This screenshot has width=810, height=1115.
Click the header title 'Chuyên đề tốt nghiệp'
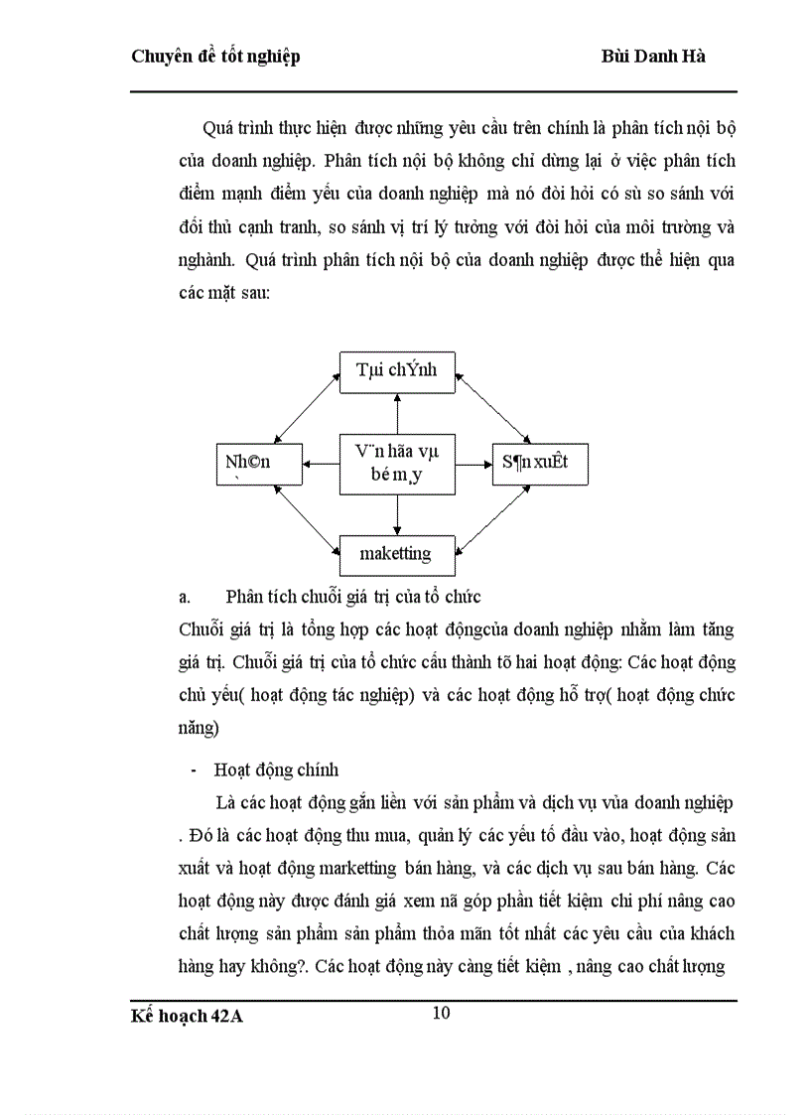click(x=215, y=57)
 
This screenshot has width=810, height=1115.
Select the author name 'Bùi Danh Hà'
click(x=654, y=57)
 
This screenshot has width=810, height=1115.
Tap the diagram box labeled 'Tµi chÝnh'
click(x=397, y=370)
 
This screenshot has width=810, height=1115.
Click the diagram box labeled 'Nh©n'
click(x=247, y=463)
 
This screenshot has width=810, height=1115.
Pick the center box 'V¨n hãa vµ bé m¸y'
click(x=397, y=463)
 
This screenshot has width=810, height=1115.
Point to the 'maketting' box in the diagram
click(x=397, y=554)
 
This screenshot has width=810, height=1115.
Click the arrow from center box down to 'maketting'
click(x=397, y=514)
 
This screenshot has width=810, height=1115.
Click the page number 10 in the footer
click(x=442, y=1013)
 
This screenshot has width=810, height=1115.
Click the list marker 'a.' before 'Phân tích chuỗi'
click(x=185, y=597)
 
